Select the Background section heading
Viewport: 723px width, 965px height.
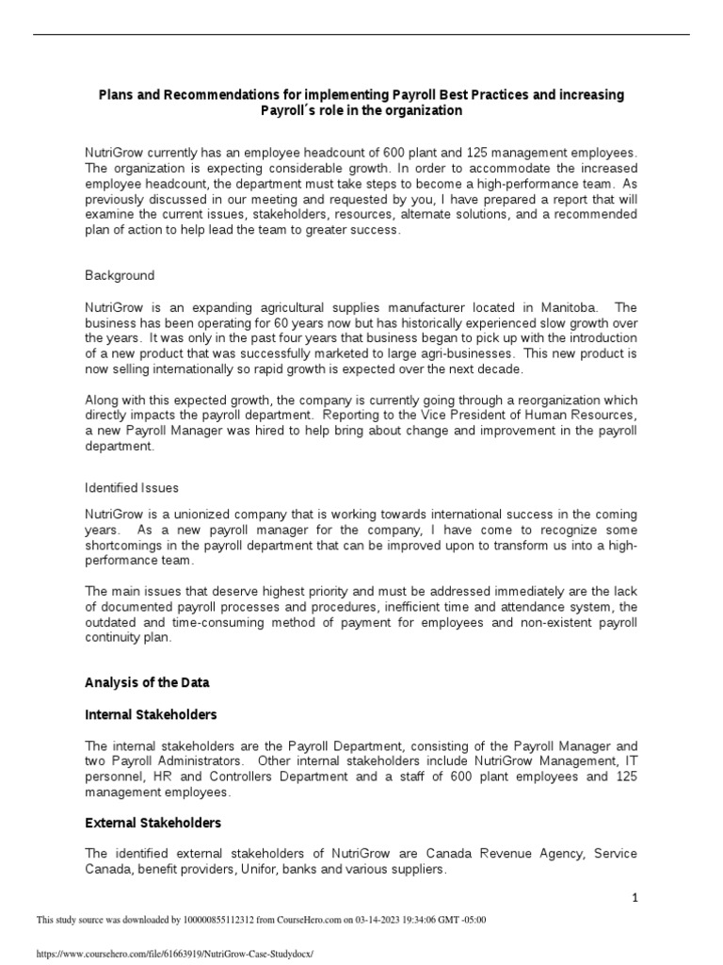[x=120, y=275]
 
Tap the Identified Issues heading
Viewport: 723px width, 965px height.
[x=132, y=488]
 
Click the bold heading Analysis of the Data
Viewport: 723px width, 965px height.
[x=147, y=682]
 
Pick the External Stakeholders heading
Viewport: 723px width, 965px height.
[x=153, y=823]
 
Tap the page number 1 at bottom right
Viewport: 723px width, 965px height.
[x=635, y=898]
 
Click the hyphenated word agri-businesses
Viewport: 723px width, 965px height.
[x=420, y=352]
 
